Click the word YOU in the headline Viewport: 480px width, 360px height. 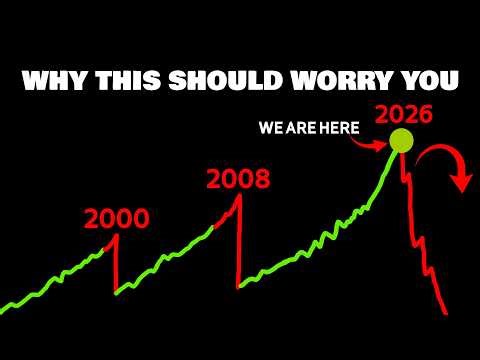click(428, 80)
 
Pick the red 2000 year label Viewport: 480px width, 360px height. click(116, 218)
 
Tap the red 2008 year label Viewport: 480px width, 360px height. click(239, 180)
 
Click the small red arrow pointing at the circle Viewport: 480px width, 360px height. click(375, 141)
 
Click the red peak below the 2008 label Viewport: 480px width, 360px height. click(239, 195)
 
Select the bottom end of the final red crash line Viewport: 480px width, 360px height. click(446, 313)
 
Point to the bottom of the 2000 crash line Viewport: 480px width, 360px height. click(116, 293)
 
